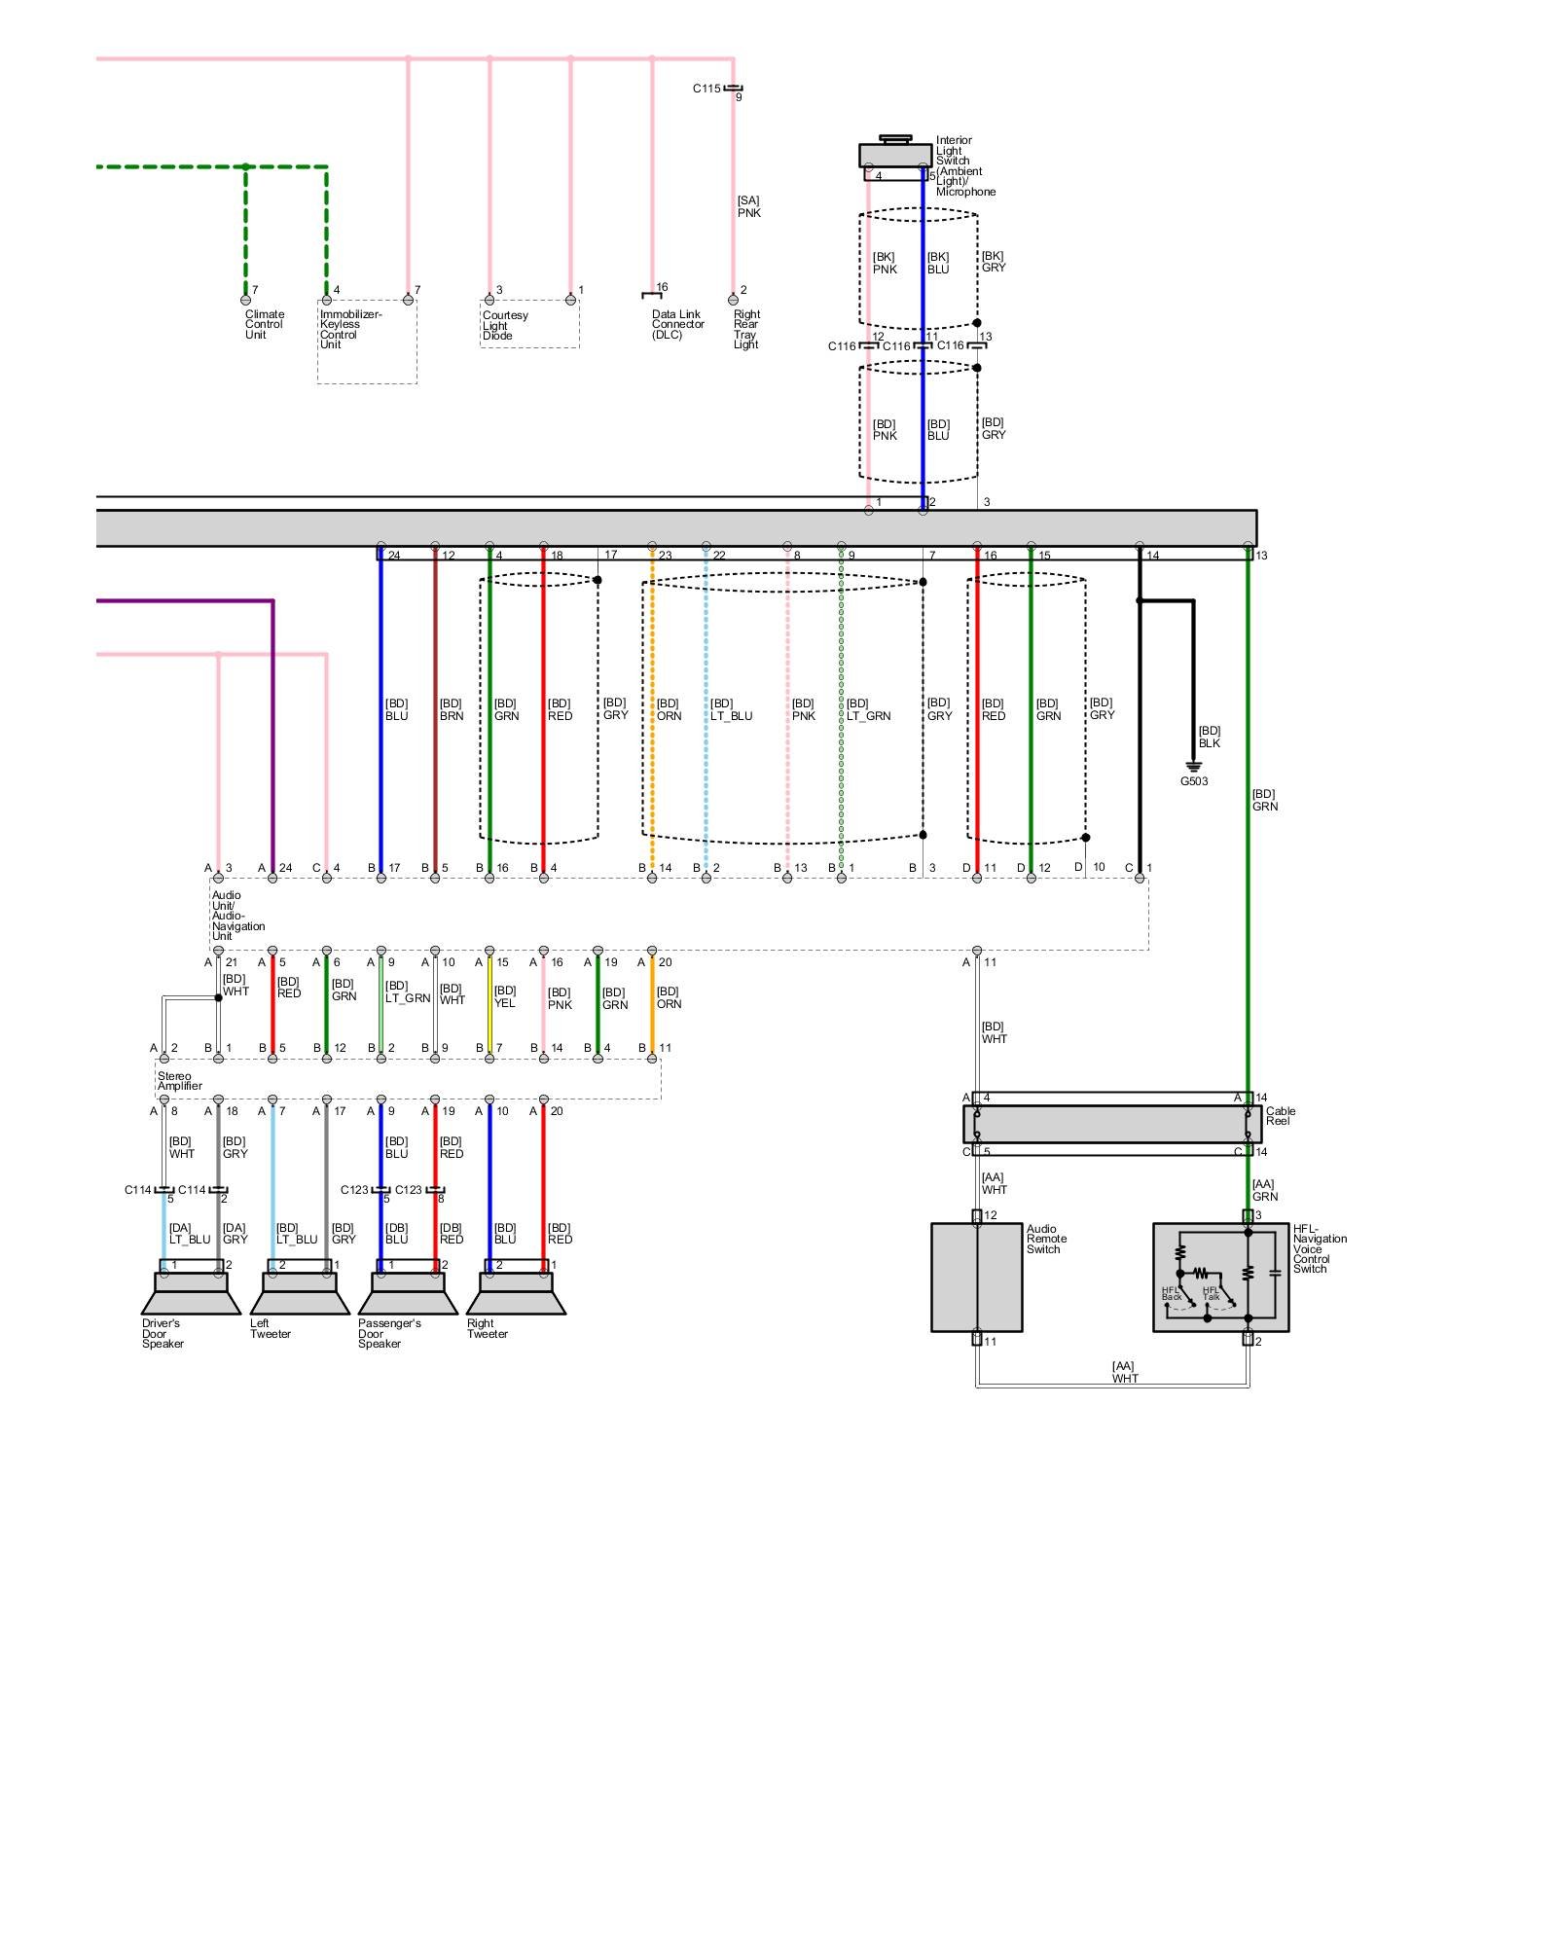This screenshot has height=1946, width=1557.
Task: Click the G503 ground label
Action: pos(1194,781)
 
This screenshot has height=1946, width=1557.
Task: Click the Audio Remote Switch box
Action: pos(976,1278)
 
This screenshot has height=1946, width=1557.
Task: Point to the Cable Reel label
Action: pos(1280,1116)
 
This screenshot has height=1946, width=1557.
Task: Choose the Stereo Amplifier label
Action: pos(179,1081)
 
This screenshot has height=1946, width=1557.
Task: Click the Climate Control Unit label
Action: pos(265,324)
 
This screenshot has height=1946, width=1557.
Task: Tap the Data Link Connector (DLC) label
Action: pos(677,324)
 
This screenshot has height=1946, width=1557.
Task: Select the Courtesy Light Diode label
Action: pos(504,325)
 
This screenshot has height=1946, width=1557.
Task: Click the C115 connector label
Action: pos(706,89)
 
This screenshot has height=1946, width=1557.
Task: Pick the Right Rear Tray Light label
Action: pos(746,329)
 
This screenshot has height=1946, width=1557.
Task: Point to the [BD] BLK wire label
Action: pos(1209,737)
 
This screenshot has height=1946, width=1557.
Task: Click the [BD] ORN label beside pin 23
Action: pos(669,709)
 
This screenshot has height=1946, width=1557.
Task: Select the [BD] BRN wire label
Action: pos(451,709)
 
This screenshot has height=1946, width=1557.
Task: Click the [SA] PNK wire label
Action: pos(748,206)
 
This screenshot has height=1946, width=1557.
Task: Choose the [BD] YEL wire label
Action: pos(504,996)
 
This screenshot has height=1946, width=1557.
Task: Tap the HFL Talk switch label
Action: pos(1211,1293)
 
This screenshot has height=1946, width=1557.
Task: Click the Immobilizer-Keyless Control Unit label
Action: pos(350,329)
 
